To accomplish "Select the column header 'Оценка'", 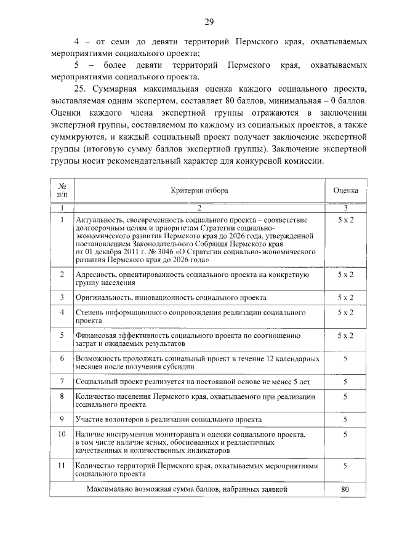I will click(x=345, y=190).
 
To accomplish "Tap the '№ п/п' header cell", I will click(x=62, y=190).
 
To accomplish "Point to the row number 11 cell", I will click(x=62, y=466).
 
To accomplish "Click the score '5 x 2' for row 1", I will click(x=345, y=220).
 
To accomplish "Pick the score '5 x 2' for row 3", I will click(x=345, y=297).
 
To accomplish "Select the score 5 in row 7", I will click(x=345, y=382).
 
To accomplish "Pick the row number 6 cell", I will click(x=62, y=358).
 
